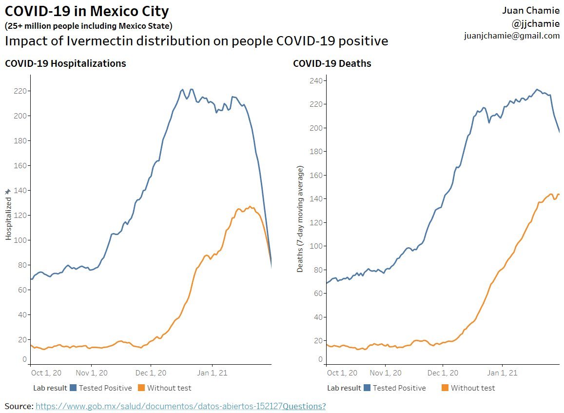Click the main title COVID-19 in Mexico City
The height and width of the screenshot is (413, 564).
[87, 11]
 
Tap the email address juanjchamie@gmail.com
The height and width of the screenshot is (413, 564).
[511, 36]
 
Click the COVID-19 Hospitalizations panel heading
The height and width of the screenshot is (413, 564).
[65, 63]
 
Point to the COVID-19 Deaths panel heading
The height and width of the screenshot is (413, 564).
[332, 63]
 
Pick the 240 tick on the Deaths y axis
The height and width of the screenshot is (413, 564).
[316, 80]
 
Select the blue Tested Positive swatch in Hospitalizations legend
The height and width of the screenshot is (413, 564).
[74, 388]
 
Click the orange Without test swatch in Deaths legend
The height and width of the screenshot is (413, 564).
[445, 388]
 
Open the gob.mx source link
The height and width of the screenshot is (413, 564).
[159, 406]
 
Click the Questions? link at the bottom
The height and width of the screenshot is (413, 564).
[304, 406]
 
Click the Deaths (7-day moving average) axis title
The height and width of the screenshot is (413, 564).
[300, 219]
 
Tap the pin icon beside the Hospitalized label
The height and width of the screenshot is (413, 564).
[8, 192]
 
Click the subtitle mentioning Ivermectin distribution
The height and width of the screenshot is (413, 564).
[196, 41]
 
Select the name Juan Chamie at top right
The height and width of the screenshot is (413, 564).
[531, 11]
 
